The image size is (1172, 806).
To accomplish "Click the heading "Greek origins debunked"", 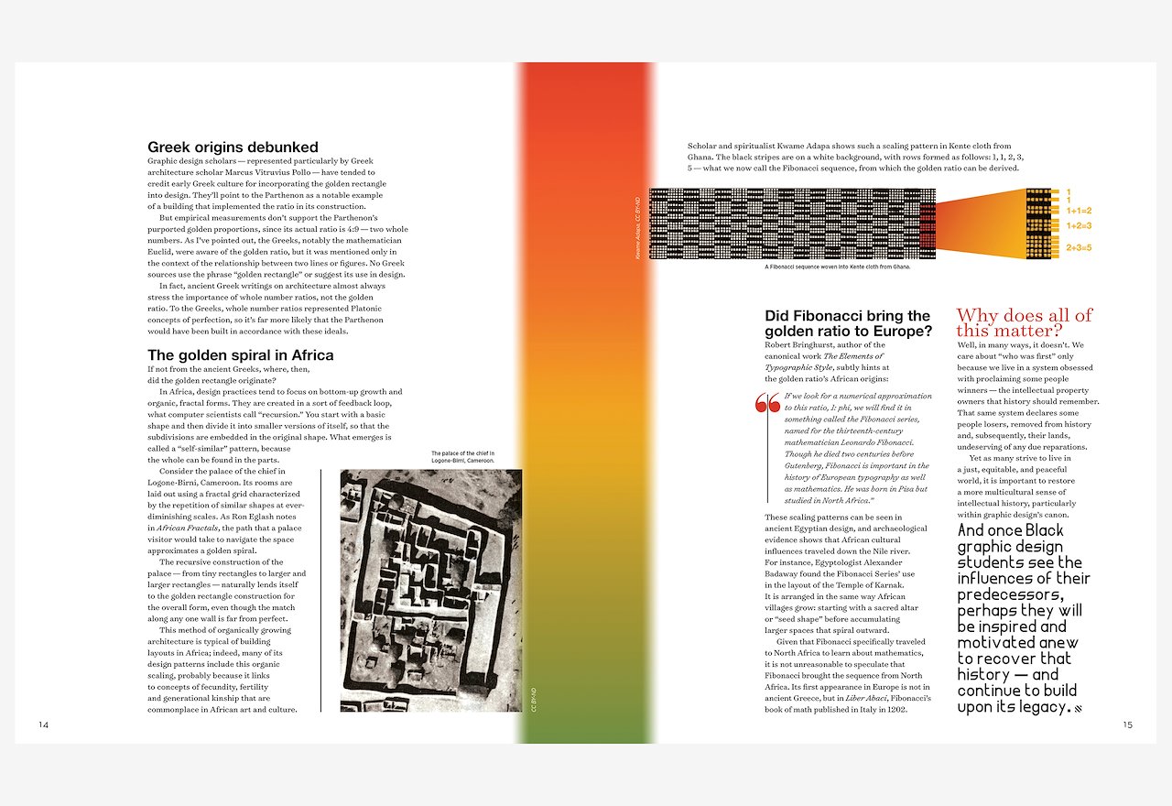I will (x=233, y=147).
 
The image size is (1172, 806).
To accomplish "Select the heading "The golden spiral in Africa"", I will (x=240, y=354).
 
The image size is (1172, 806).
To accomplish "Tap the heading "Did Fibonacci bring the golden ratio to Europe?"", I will (x=848, y=323).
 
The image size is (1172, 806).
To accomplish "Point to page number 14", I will (x=43, y=724).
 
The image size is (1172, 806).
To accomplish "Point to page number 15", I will (x=1127, y=724).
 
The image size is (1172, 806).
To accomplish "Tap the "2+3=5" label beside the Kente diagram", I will (x=1079, y=247).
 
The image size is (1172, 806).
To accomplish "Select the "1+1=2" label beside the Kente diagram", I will (x=1079, y=210).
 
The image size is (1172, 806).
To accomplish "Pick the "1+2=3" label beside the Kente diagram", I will (x=1079, y=225).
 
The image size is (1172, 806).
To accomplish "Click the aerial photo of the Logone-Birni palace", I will (x=430, y=590).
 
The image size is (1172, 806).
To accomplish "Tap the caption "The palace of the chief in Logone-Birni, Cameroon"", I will (x=463, y=457).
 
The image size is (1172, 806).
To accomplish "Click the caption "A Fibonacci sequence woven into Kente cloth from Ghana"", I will (x=837, y=267).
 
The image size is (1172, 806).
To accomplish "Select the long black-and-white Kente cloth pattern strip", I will (x=793, y=223).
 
